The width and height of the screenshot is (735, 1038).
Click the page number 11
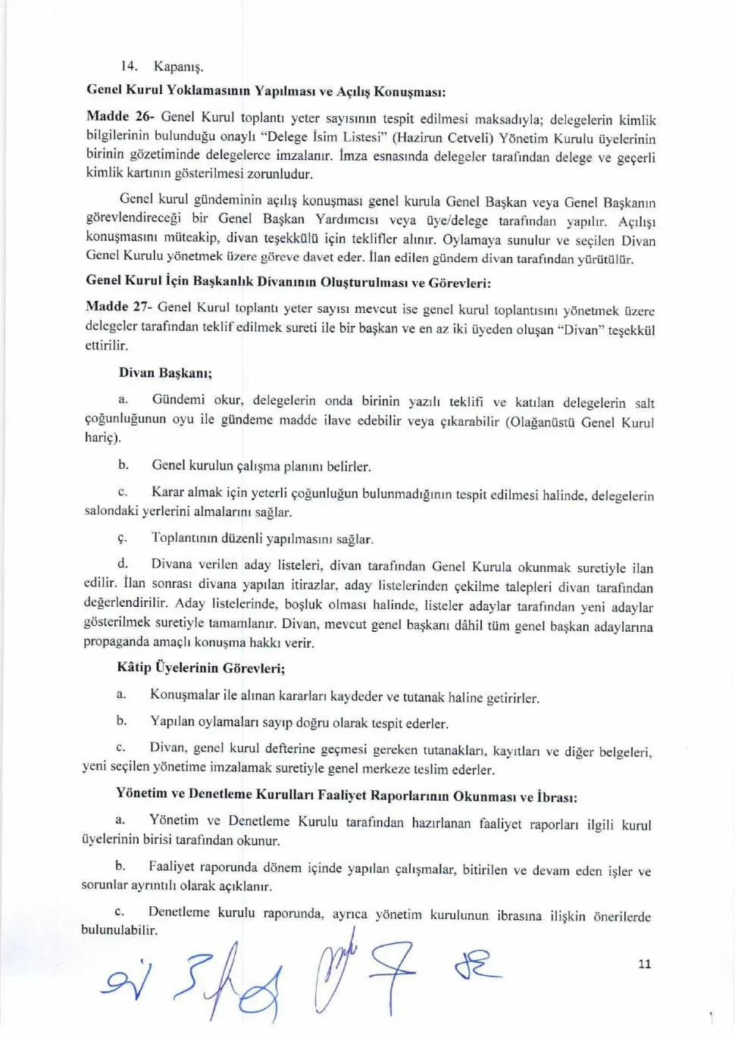coord(645,964)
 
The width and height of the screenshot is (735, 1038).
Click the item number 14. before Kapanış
coord(129,67)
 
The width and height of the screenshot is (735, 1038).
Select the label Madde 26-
coord(120,117)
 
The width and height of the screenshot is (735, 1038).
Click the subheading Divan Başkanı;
coord(165,373)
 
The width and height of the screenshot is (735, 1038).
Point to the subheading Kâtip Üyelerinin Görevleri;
coord(201,668)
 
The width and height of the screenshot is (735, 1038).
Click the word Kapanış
coord(179,67)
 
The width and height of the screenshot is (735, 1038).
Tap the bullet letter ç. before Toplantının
coord(122,538)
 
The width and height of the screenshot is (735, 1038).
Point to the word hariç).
coord(102,438)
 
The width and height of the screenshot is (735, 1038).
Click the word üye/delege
coord(457,220)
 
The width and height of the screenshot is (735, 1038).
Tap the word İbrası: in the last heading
coord(557,797)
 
